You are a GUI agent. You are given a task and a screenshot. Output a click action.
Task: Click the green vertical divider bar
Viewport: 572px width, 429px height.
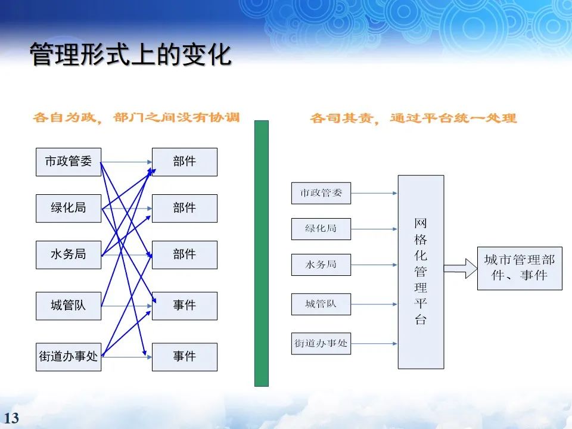click(x=262, y=253)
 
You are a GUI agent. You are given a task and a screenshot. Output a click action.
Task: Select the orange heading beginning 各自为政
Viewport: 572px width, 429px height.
click(x=136, y=117)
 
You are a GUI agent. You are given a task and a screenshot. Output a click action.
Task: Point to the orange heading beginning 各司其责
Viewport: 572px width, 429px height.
click(x=413, y=118)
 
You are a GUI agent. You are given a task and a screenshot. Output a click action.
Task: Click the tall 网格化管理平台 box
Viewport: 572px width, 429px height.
click(x=421, y=272)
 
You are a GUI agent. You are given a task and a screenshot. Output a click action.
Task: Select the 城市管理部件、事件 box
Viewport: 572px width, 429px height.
click(x=519, y=268)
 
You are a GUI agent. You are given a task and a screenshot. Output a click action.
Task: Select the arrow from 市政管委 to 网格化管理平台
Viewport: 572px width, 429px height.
click(x=374, y=193)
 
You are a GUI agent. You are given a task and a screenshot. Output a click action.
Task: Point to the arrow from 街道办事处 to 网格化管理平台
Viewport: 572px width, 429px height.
click(x=374, y=343)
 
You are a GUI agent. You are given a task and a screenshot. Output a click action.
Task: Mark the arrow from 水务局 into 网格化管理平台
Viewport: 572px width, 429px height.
click(x=374, y=265)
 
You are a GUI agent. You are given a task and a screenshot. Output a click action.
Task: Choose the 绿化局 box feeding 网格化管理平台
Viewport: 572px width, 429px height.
click(x=321, y=229)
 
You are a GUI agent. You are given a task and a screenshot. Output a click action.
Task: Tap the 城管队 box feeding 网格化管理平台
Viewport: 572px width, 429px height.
click(x=321, y=304)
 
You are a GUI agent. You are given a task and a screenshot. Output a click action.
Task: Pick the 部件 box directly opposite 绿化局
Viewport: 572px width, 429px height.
click(x=185, y=208)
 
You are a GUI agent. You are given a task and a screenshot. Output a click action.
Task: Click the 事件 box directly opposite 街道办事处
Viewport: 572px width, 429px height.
click(x=185, y=356)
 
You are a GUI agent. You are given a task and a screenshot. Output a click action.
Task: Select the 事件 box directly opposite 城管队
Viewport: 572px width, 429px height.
click(x=185, y=306)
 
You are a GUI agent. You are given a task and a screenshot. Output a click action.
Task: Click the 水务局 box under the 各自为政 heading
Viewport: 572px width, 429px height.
click(x=69, y=254)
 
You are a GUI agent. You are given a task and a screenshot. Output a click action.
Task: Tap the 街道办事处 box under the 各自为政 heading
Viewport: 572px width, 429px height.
click(x=69, y=356)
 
